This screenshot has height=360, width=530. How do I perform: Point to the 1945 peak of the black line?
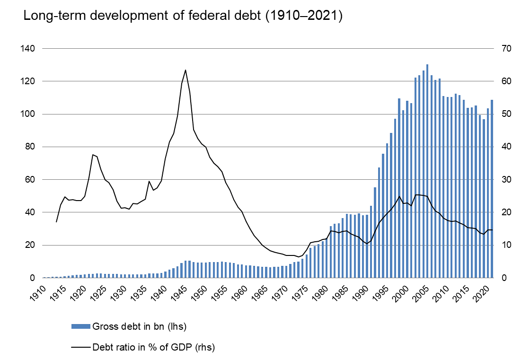click(185, 70)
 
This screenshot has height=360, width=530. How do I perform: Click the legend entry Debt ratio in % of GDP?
click(153, 347)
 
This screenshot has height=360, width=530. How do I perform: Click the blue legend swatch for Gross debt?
click(80, 326)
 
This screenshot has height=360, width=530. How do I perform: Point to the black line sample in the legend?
click(80, 347)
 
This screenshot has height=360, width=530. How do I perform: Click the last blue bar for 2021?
click(492, 189)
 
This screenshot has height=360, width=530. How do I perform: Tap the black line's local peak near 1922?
click(93, 155)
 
